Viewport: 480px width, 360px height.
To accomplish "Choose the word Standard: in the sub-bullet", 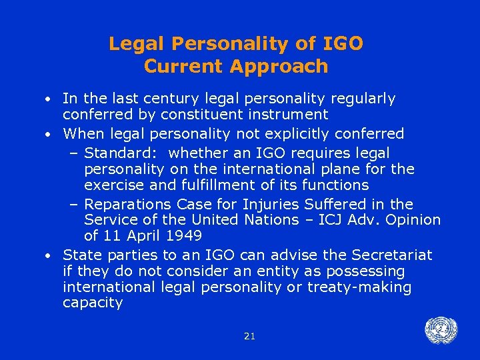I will click(x=123, y=154).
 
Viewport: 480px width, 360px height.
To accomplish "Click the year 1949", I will click(x=183, y=235).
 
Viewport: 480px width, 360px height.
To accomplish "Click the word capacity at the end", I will click(x=93, y=303).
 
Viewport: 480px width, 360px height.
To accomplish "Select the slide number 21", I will click(x=249, y=337).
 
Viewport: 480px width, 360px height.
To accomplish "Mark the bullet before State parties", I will click(x=50, y=255).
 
